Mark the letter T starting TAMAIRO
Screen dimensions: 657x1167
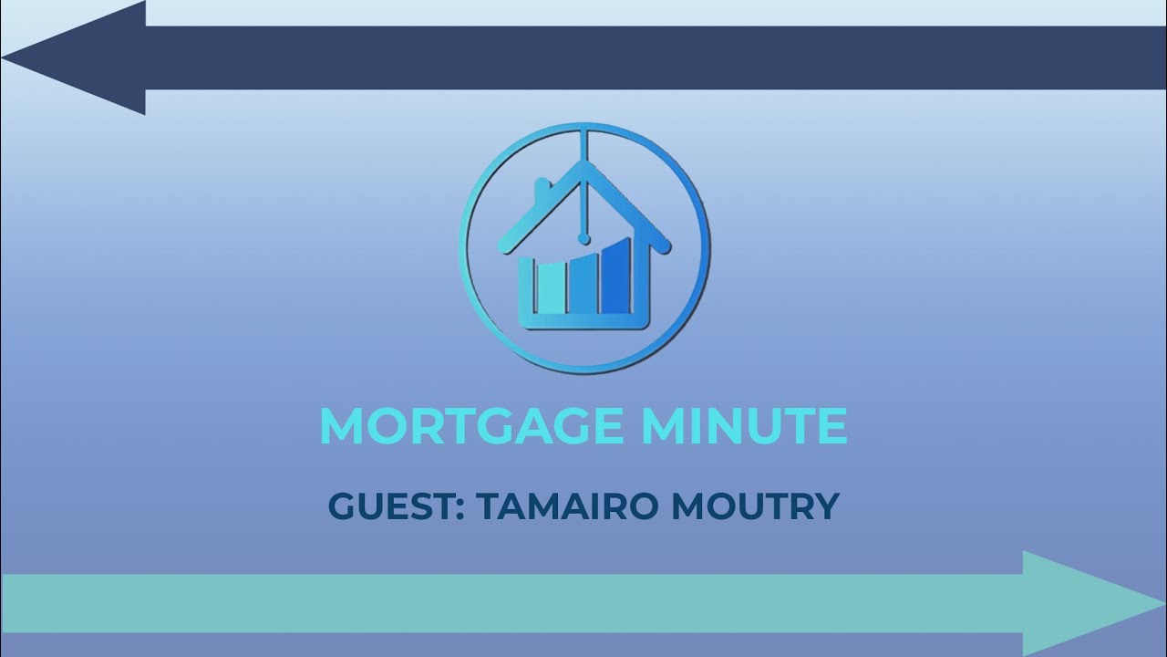pyautogui.click(x=487, y=506)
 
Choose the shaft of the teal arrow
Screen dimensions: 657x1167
pyautogui.click(x=511, y=603)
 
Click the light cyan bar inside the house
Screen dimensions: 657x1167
pyautogui.click(x=550, y=287)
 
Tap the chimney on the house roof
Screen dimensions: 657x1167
pyautogui.click(x=541, y=188)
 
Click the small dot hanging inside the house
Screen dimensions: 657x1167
pyautogui.click(x=583, y=239)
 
